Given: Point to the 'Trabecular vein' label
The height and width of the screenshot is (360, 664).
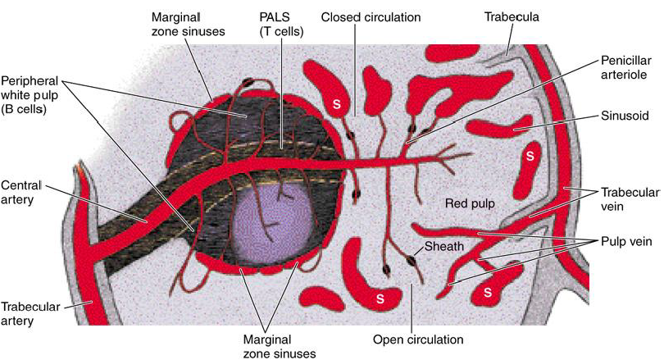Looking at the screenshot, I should pos(630,199).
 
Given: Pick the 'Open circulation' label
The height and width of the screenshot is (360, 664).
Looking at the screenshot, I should pos(418,339).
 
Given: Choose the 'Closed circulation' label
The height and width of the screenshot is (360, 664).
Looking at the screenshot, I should pos(371,16).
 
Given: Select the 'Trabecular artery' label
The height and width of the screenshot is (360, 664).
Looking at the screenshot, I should pos(29,312).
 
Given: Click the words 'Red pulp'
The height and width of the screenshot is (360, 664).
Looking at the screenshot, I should pos(467,203).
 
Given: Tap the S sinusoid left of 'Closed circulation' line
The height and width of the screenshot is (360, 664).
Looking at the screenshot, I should pos(335,104).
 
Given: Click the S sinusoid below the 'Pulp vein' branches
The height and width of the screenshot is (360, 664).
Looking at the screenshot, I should pos(490,291).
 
